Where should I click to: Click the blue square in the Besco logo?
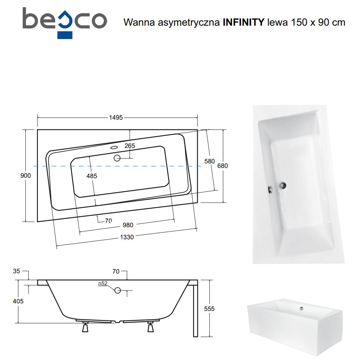tap(65, 35)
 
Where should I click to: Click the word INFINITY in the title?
tap(243, 23)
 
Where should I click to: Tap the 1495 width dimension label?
tap(116, 118)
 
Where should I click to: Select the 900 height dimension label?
tap(25, 176)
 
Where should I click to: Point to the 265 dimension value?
tap(130, 146)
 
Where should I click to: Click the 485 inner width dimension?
tap(92, 176)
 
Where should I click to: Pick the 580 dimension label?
tap(209, 162)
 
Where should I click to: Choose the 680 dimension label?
tap(223, 166)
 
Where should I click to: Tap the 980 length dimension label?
tap(128, 225)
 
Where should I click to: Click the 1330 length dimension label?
tap(127, 237)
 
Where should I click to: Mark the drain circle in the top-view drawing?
tap(117, 158)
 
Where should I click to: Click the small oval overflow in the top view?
tap(114, 147)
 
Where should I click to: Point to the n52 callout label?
tap(103, 283)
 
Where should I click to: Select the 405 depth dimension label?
tap(18, 301)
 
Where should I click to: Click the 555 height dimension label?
tap(209, 309)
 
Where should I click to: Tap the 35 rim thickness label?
tap(17, 271)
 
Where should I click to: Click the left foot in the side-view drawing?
tap(85, 327)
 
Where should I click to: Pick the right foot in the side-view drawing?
tap(151, 327)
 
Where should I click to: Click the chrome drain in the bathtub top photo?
tap(283, 185)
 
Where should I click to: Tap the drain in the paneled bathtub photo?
tap(301, 308)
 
